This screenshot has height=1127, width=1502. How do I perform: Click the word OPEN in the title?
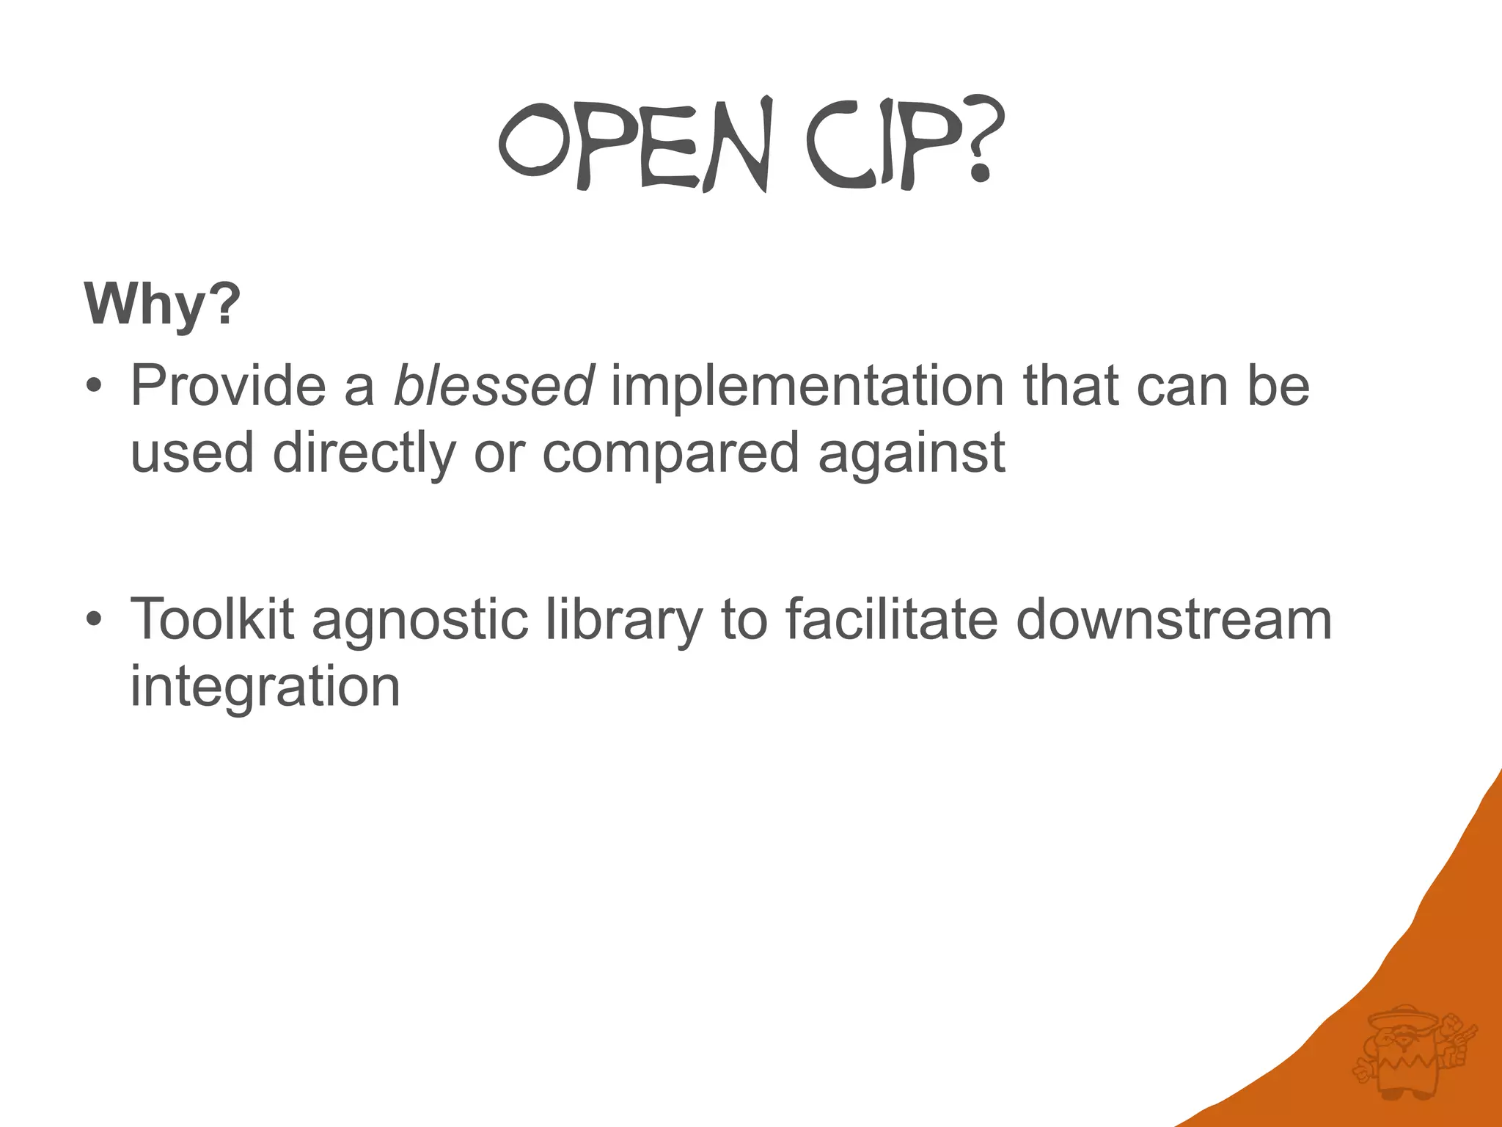tap(635, 144)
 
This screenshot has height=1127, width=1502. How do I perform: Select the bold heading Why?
tap(162, 304)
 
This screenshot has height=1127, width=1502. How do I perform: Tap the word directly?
tap(364, 453)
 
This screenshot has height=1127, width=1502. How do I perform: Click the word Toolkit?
tap(212, 619)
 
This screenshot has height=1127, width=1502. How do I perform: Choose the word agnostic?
tap(420, 621)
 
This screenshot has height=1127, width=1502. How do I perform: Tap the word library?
tap(624, 621)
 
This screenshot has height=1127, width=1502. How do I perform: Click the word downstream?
tap(1173, 619)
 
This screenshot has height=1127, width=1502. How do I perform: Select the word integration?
tap(265, 687)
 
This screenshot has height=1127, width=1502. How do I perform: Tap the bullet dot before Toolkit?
tap(92, 619)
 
